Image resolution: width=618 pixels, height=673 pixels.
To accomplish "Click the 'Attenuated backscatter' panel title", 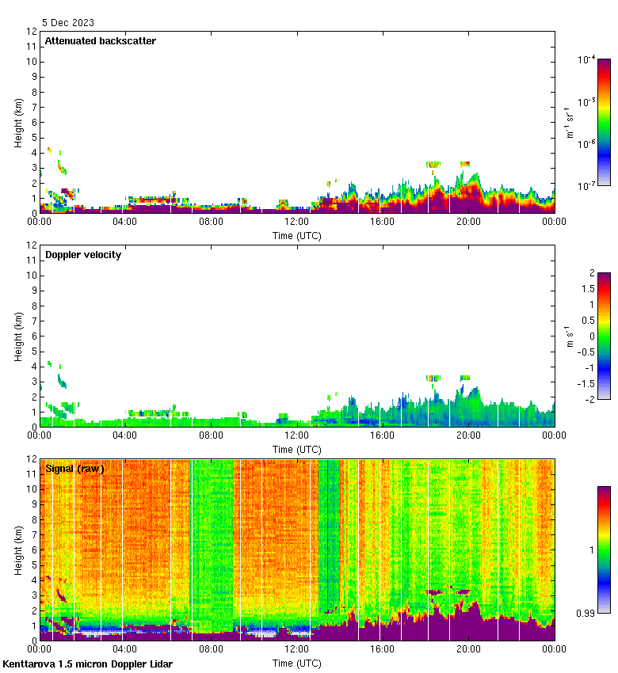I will coord(100,41).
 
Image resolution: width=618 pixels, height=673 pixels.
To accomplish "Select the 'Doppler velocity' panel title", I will coord(83,255).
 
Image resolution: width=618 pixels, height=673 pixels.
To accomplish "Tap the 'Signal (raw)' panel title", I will coord(74,469).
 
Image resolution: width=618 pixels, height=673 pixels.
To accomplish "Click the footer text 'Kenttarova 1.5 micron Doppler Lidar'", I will coord(87,663).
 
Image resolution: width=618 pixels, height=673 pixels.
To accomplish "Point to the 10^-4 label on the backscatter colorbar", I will coord(587,59).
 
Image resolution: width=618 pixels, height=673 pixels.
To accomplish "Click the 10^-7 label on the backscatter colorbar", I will coord(587,186).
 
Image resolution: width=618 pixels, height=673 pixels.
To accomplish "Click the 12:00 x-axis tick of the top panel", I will coord(297,222).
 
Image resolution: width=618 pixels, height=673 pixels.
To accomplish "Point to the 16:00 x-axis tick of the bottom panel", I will coord(383,650).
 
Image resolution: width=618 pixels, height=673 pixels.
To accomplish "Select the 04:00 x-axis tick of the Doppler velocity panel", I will coord(125,436).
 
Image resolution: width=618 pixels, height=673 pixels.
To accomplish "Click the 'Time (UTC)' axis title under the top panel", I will coord(297,235).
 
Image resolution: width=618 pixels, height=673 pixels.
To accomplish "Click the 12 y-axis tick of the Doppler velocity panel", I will coord(32,245).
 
